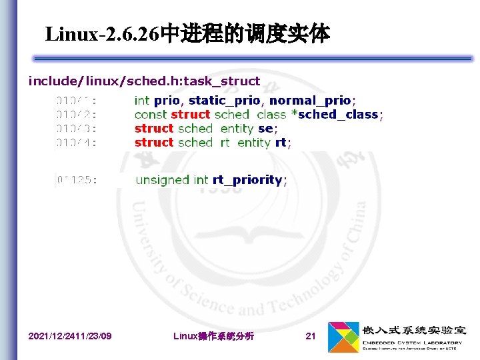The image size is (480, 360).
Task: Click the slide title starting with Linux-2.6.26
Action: click(x=187, y=33)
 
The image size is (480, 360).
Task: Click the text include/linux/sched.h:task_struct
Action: click(x=144, y=81)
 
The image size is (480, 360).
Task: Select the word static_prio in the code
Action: click(x=227, y=101)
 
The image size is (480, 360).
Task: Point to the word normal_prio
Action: click(x=310, y=101)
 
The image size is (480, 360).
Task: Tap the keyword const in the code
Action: click(x=151, y=115)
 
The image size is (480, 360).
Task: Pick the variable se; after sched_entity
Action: click(x=267, y=129)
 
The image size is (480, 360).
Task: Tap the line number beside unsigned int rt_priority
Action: click(x=77, y=180)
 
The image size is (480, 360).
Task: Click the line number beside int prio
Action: click(x=76, y=101)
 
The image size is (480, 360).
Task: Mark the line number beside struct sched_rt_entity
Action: click(x=76, y=143)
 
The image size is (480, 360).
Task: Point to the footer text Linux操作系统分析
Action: click(x=213, y=336)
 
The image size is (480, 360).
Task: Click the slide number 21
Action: click(x=310, y=336)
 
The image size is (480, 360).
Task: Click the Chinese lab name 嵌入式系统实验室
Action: click(x=414, y=331)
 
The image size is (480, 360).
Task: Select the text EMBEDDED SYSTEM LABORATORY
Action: click(x=412, y=343)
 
